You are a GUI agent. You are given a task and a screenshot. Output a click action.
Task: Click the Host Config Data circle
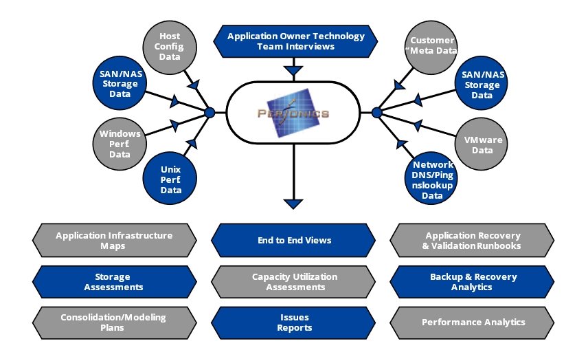click(170, 47)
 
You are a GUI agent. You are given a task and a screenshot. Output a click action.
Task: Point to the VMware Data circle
click(484, 145)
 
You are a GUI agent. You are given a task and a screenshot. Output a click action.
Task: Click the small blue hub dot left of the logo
click(210, 112)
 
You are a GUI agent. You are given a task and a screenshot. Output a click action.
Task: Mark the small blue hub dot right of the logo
click(376, 112)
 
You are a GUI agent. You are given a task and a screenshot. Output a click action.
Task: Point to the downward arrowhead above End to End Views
click(293, 204)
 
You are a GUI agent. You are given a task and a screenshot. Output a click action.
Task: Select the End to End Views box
click(293, 241)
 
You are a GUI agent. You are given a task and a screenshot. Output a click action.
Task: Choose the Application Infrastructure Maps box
click(114, 241)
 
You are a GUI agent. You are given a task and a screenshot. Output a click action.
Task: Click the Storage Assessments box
click(114, 282)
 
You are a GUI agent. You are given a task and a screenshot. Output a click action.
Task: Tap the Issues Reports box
click(293, 322)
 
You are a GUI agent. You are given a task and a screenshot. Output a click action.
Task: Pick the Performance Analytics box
click(473, 322)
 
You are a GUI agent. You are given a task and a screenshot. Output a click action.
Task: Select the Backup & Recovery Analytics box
click(473, 282)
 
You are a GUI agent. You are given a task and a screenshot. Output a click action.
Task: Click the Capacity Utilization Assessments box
click(293, 282)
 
